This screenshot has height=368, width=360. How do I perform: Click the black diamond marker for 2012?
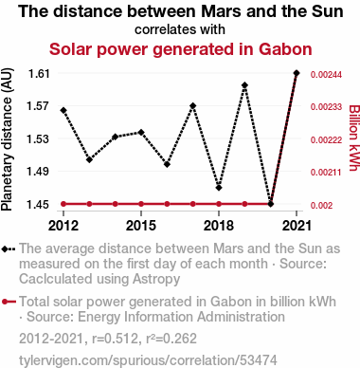click(x=63, y=110)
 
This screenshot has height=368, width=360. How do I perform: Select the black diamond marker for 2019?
click(x=244, y=85)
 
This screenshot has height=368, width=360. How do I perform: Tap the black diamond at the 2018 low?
click(x=219, y=188)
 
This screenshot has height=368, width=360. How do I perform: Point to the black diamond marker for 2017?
click(x=193, y=105)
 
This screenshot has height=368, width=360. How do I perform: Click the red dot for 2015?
click(x=141, y=204)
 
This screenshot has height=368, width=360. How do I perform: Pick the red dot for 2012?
click(x=63, y=204)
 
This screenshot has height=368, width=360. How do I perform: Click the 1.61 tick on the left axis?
click(x=39, y=74)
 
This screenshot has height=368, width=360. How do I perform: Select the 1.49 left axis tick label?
click(x=39, y=172)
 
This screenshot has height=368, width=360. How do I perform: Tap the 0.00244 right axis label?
click(x=326, y=75)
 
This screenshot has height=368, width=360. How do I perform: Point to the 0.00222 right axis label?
click(x=326, y=140)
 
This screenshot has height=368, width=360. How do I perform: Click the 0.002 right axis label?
click(x=322, y=206)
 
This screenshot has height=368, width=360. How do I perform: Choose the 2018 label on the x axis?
click(x=219, y=226)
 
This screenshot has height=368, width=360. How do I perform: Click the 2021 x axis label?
click(x=297, y=226)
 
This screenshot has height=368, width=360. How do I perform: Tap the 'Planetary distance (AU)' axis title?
click(x=7, y=139)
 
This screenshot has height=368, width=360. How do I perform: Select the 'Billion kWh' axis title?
click(x=354, y=138)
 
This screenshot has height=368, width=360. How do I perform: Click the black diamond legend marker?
click(x=9, y=249)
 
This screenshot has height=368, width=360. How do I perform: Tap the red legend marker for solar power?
click(x=9, y=302)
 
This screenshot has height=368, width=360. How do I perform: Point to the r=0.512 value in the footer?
click(x=115, y=339)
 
